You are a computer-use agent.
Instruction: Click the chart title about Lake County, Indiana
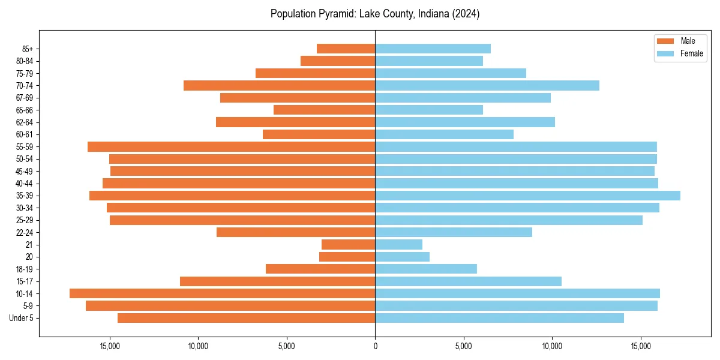(x=374, y=14)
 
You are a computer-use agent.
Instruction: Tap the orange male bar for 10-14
(x=222, y=293)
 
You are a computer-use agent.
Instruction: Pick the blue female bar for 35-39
(x=527, y=196)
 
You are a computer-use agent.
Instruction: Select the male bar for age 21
(x=348, y=244)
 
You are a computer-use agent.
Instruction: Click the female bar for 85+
(x=433, y=49)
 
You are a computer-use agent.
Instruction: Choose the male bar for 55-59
(x=231, y=146)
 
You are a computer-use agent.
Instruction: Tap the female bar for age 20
(x=402, y=257)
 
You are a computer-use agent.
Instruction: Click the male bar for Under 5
(x=246, y=318)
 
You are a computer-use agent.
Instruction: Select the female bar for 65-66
(x=429, y=110)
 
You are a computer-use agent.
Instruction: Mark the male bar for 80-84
(x=338, y=61)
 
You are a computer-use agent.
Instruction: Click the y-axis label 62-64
(x=25, y=122)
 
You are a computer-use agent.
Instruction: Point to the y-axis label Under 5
(x=22, y=318)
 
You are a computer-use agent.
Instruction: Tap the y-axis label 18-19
(x=25, y=269)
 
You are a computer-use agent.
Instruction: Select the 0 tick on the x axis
(x=375, y=346)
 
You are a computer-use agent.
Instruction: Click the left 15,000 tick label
(x=109, y=346)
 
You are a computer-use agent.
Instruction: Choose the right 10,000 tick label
(x=552, y=346)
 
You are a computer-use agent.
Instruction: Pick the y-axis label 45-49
(x=25, y=171)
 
